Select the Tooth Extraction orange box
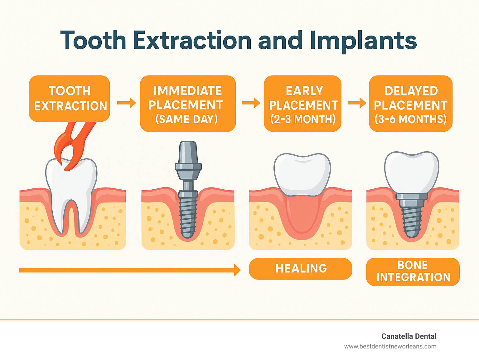[70, 99]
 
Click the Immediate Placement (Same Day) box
[188, 104]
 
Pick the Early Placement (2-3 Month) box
[302, 104]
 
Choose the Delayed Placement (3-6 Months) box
[410, 104]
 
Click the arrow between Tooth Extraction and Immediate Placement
[127, 103]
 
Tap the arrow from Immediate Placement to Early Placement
[251, 103]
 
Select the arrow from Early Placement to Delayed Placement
[357, 103]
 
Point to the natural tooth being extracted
[71, 187]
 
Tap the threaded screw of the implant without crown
[188, 215]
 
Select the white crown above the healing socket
[302, 173]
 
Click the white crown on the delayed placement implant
[412, 172]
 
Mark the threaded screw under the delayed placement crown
[412, 218]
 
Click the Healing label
[301, 269]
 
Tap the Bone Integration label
[413, 271]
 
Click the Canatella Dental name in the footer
[409, 336]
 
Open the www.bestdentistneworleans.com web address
[390, 346]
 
